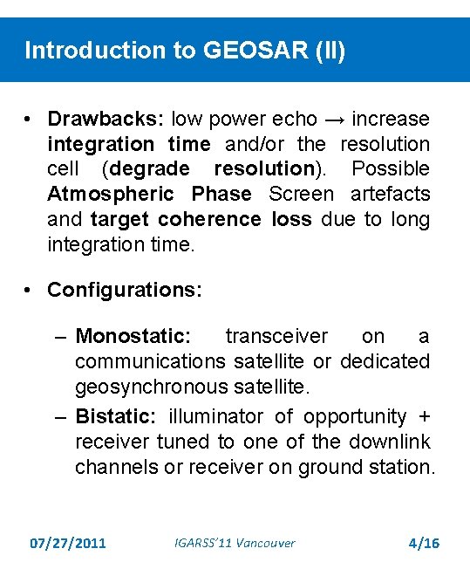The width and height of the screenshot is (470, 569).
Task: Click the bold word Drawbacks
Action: pos(106,119)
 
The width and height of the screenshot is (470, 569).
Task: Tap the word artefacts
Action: pos(390,194)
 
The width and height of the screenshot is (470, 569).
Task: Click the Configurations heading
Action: pos(125,289)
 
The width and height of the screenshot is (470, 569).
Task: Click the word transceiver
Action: pos(276,337)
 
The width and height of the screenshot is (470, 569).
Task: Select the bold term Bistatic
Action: pos(118,416)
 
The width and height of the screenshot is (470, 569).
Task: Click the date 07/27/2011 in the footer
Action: pos(67,544)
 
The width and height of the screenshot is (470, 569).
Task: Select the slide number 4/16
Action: pos(424,544)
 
